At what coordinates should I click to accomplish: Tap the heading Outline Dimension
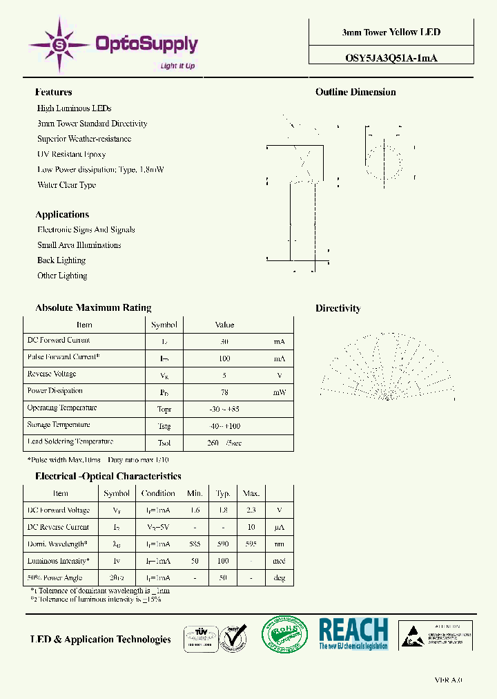(355, 92)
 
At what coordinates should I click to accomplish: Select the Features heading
(53, 92)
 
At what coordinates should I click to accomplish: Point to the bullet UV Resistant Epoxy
(71, 154)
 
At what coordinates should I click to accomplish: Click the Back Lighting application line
(61, 260)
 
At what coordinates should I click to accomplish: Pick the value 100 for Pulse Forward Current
(224, 358)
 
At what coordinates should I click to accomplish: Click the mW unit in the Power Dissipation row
(279, 392)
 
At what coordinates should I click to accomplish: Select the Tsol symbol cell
(164, 443)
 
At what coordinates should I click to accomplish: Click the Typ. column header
(223, 493)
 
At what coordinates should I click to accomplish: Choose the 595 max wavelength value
(251, 544)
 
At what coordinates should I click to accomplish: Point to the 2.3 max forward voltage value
(251, 510)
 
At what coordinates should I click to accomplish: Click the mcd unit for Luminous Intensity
(279, 562)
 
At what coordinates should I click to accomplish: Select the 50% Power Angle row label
(55, 578)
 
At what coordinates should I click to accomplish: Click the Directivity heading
(338, 308)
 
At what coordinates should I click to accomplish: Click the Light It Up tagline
(177, 66)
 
